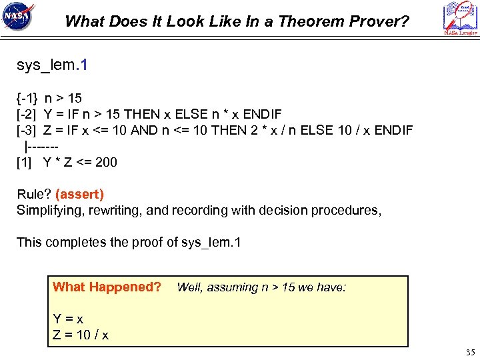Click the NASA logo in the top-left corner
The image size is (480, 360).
coord(18,17)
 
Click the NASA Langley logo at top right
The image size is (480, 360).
coord(460,18)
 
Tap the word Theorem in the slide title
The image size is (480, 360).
coord(305,21)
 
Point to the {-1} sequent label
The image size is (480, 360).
coord(27,98)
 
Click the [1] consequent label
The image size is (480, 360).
coord(24,161)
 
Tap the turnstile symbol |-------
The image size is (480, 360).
coord(43,145)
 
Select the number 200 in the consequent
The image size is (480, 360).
coord(106,161)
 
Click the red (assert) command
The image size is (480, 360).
coord(79,194)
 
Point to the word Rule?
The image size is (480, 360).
coord(34,194)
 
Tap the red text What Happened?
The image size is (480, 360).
coord(107,287)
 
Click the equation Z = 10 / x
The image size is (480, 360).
coord(81,334)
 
